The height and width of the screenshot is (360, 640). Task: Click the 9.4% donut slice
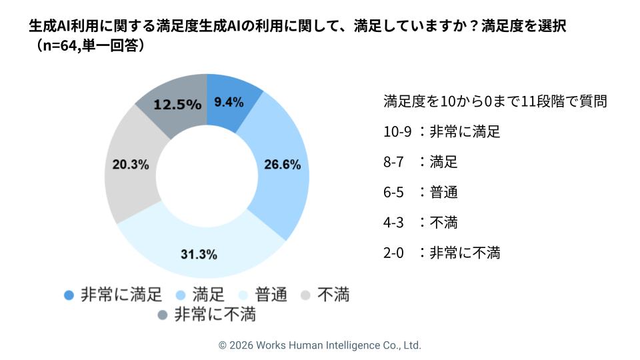pos(228,103)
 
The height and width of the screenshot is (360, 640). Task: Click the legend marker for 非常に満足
pos(68,294)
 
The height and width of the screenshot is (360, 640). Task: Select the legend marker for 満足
pos(180,294)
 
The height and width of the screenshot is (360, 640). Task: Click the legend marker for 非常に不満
pos(162,314)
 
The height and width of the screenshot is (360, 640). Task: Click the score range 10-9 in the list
pos(398,131)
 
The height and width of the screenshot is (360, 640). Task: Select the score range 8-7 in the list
pos(394,162)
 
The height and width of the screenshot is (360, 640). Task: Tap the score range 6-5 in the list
pos(394,192)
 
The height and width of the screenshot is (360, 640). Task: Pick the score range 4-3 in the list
pos(394,223)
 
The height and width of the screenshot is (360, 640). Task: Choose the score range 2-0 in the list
pos(394,253)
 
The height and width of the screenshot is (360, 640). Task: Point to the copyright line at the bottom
pos(320,345)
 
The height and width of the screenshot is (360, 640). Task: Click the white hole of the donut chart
pos(207,175)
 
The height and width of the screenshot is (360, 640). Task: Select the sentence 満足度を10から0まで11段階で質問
pos(495,101)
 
